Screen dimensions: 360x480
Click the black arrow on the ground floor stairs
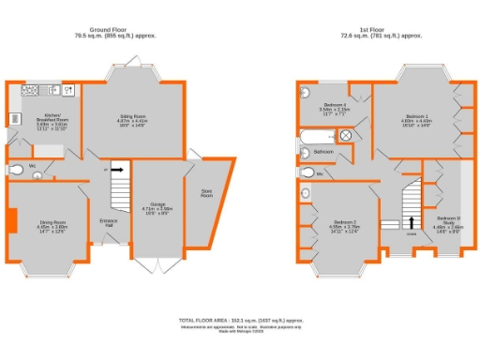(x=117, y=171)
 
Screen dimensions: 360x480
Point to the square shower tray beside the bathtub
(x=348, y=134)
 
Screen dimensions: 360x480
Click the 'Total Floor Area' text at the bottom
(x=240, y=321)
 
